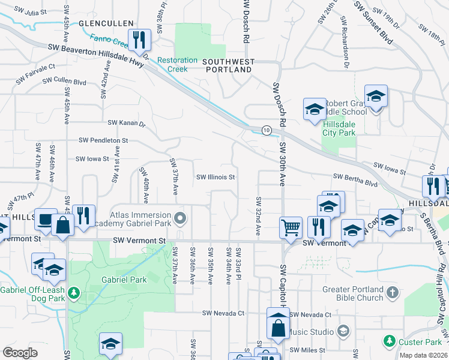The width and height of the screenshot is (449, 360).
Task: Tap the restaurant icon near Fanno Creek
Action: pyautogui.click(x=139, y=40)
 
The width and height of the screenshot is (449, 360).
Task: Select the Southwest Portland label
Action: pyautogui.click(x=228, y=65)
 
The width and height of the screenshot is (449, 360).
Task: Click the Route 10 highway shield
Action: pyautogui.click(x=265, y=130)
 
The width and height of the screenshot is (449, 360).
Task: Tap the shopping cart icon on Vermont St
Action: pyautogui.click(x=291, y=228)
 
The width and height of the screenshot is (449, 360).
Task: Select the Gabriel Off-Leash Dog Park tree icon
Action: pyautogui.click(x=74, y=293)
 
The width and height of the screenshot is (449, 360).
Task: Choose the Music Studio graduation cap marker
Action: pyautogui.click(x=343, y=331)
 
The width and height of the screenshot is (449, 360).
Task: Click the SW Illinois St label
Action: pyautogui.click(x=215, y=177)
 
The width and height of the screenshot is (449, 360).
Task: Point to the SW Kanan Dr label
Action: pyautogui.click(x=127, y=123)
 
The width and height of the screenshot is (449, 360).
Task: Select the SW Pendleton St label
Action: pyautogui.click(x=103, y=140)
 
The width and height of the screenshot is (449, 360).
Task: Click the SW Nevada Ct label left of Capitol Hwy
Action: pyautogui.click(x=223, y=313)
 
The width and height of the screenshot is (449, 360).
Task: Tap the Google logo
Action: pyautogui.click(x=20, y=353)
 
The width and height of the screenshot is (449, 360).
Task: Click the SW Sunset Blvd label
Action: pyautogui.click(x=373, y=22)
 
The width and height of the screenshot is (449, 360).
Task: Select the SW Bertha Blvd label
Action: pyautogui.click(x=355, y=178)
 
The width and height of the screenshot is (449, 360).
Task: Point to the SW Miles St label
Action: pyautogui.click(x=307, y=350)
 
